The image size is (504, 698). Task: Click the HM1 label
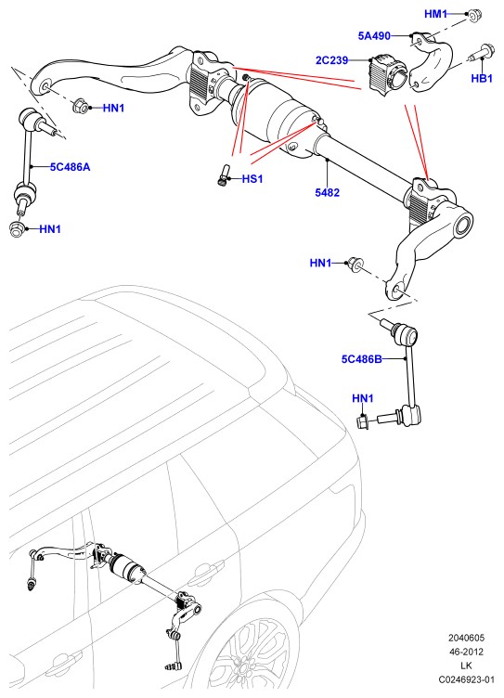pos(435,14)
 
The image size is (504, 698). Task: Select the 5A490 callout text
pos(374,35)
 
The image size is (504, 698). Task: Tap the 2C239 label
pos(331,60)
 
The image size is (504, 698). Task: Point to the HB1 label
pos(482,78)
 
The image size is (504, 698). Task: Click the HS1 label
pos(252,179)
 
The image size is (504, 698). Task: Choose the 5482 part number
pos(328,193)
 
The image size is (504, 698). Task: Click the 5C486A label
pos(70,167)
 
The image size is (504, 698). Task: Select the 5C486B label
pos(362,359)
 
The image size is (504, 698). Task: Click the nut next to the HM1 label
pos(472,16)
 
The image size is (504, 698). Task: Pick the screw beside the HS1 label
pos(223,175)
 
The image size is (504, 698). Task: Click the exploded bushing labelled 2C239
pos(386,74)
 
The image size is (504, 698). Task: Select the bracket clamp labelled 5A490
pos(430,62)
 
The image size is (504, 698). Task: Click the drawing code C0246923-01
pos(467,679)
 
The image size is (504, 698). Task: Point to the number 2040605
pos(466,638)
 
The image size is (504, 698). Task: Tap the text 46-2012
pos(466,653)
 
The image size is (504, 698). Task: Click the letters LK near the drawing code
pos(466,666)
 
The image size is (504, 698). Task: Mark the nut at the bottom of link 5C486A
pos(17,228)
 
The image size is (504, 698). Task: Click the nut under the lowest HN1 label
pos(362,420)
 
